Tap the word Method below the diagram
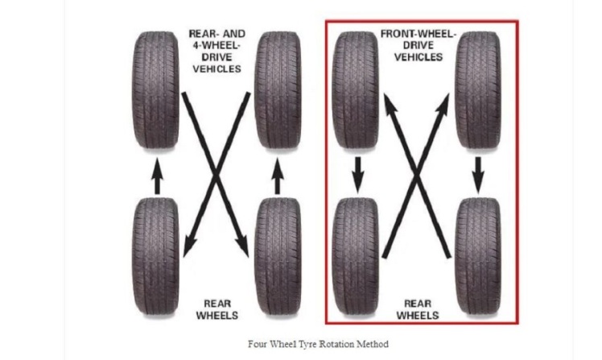[x=372, y=344]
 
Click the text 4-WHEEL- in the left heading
[x=216, y=45]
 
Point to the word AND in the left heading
[x=234, y=34]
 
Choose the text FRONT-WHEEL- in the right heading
[x=419, y=34]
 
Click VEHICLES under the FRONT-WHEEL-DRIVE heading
[x=419, y=57]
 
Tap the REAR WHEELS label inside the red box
[x=418, y=310]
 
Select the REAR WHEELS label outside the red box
[x=217, y=310]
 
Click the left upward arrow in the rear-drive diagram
[x=157, y=176]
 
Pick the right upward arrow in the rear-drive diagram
[x=278, y=176]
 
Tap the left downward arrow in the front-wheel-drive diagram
[x=358, y=175]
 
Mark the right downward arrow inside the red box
[x=478, y=175]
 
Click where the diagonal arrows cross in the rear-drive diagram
[x=216, y=175]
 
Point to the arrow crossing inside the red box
[x=417, y=175]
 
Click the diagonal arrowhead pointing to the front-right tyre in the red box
[x=443, y=103]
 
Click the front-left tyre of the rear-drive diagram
[x=156, y=91]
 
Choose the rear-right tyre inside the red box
[x=478, y=257]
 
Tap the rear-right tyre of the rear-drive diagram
[x=278, y=257]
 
